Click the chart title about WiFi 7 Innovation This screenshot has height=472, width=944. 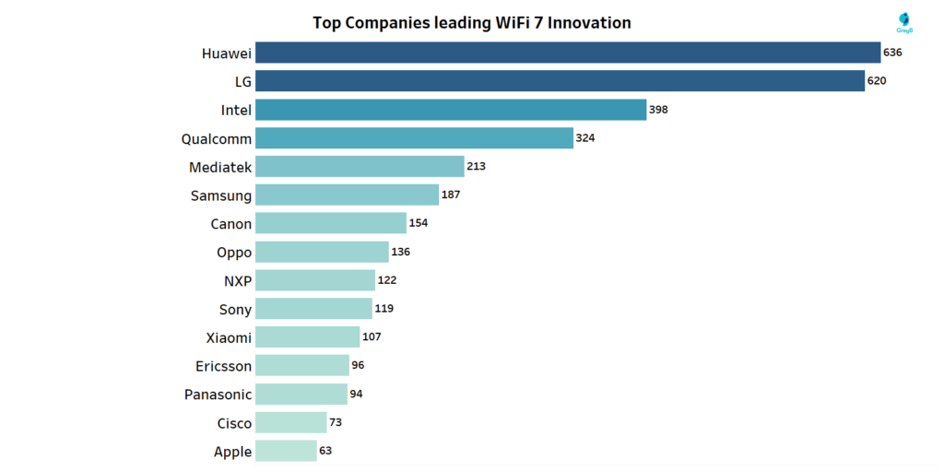click(471, 22)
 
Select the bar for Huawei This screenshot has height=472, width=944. click(567, 53)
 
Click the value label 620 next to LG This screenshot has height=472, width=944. click(876, 81)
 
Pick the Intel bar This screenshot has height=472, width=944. click(450, 110)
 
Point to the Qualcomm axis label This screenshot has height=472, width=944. click(217, 139)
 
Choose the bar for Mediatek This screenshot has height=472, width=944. click(360, 167)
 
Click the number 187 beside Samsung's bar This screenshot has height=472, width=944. click(450, 195)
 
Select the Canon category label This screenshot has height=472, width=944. click(230, 224)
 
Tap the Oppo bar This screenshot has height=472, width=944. click(322, 252)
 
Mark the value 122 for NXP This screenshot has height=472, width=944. click(387, 280)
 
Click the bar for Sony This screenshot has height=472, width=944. click(313, 309)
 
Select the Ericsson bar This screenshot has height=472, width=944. click(301, 366)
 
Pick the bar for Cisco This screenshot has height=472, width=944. click(290, 422)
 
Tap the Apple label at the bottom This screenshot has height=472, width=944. click(232, 452)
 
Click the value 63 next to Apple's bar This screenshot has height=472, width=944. click(325, 451)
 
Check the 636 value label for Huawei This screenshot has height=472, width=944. click(891, 53)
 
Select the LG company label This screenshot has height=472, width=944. click(242, 82)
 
